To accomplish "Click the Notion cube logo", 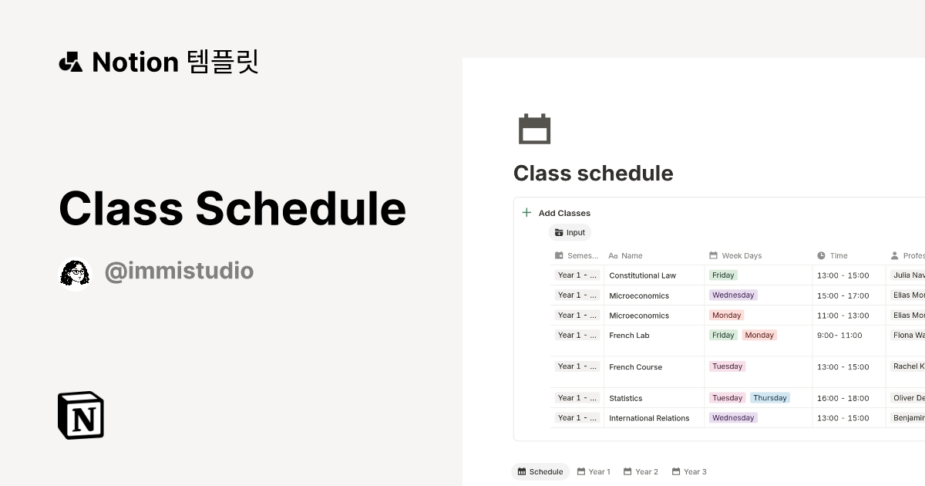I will point(81,415).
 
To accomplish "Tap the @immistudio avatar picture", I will point(76,272).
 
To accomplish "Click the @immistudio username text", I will point(179,272).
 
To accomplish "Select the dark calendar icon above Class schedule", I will point(534,129).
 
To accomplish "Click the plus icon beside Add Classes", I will point(526,213).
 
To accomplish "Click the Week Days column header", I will point(741,255).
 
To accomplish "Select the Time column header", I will point(838,255).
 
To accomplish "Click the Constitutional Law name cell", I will point(642,275).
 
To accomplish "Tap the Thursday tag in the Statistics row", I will point(770,398).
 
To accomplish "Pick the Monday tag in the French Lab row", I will point(759,335).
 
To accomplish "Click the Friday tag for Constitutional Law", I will point(723,275).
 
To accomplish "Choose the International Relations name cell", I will point(649,418).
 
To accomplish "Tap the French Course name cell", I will point(635,367).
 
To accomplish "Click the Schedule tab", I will point(540,471).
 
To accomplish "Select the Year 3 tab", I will point(689,471).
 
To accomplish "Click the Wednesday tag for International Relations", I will point(733,417).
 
